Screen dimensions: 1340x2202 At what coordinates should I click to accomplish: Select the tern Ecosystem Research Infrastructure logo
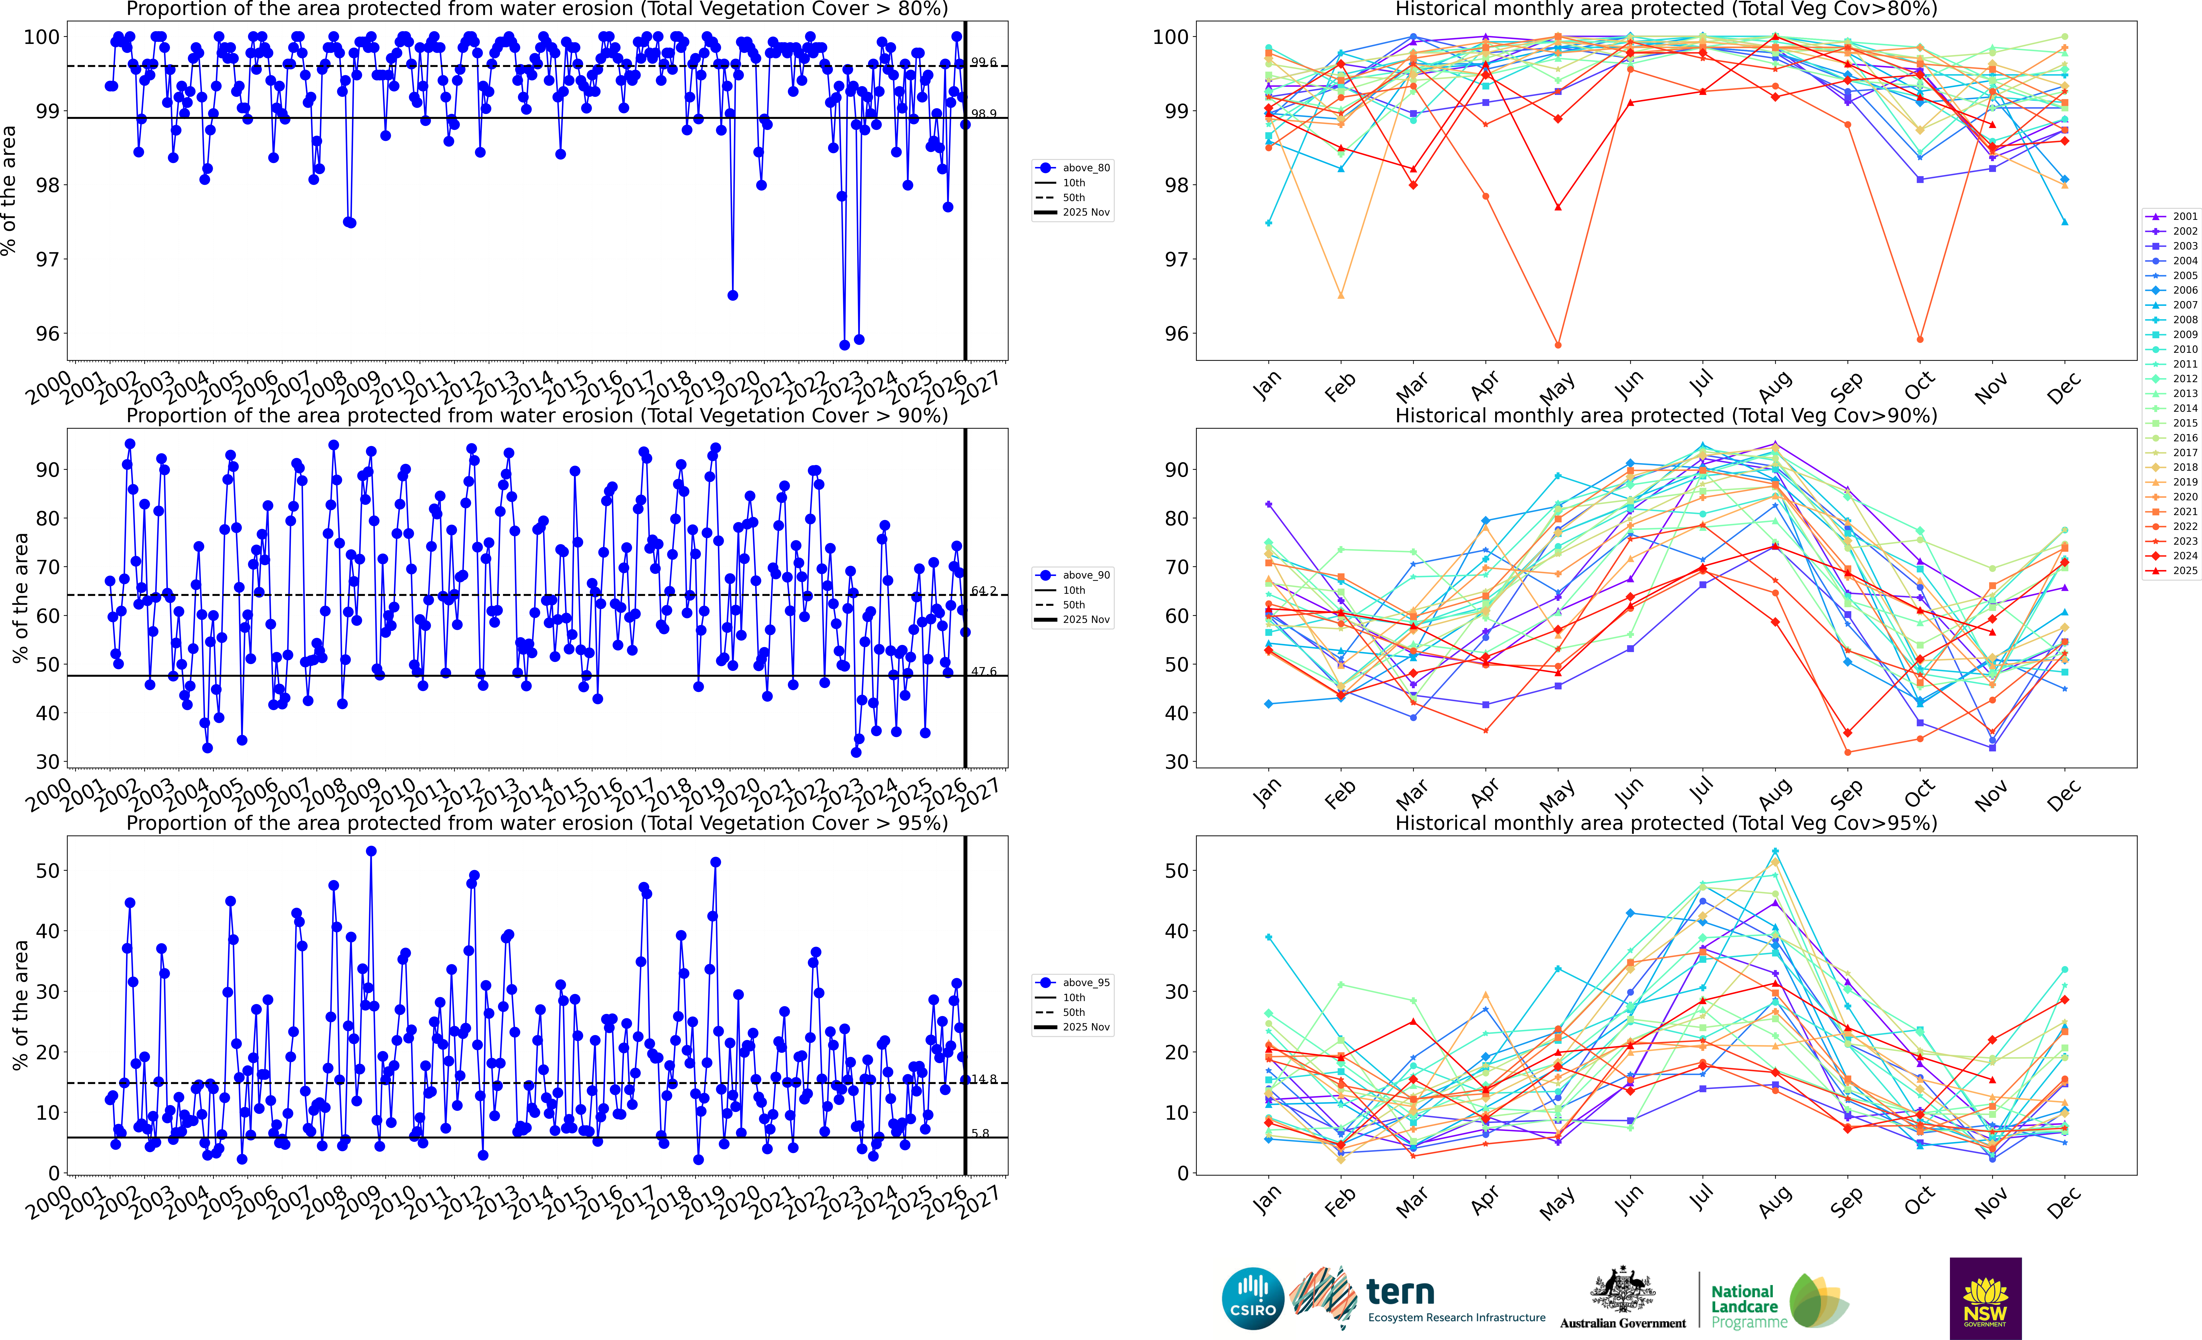click(1421, 1298)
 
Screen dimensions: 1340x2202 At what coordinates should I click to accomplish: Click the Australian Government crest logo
click(1622, 1298)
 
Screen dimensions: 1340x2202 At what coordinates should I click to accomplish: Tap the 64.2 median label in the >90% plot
click(983, 591)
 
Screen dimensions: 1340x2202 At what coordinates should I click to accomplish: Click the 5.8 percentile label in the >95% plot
click(980, 1134)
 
